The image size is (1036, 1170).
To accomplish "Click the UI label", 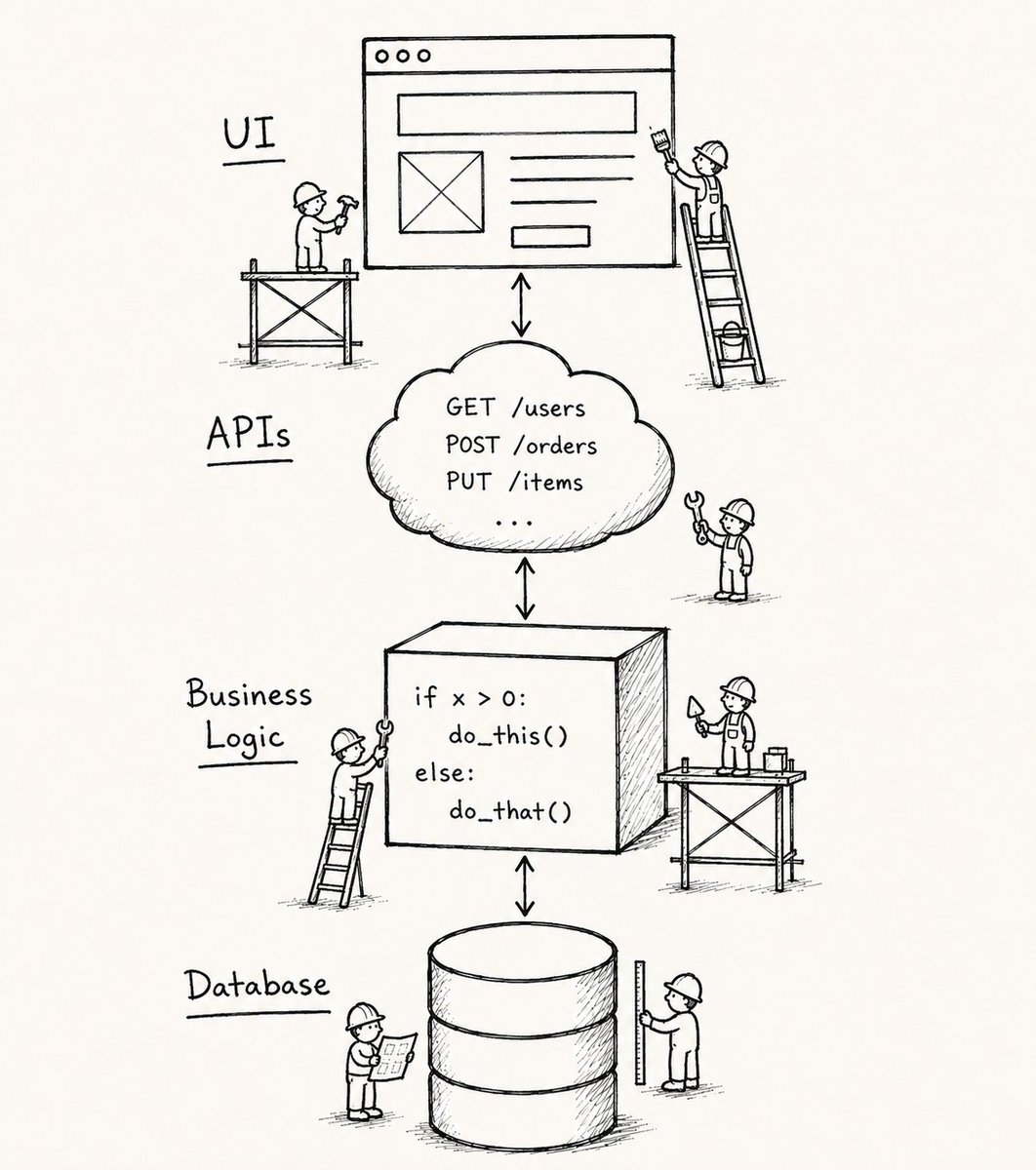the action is click(x=249, y=134).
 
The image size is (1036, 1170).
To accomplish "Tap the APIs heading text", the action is click(x=249, y=433).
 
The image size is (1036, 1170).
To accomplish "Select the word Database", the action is click(x=258, y=984).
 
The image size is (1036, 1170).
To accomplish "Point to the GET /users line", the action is click(x=515, y=409).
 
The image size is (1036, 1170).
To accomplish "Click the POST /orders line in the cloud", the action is click(x=521, y=446).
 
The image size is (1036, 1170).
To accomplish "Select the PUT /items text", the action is click(x=514, y=481).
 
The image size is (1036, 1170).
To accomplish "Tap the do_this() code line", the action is click(x=508, y=736).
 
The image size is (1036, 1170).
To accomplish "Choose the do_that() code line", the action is click(x=510, y=811).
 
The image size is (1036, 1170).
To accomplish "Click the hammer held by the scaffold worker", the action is click(x=346, y=212).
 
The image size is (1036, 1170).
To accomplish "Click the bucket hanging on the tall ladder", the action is click(x=730, y=341).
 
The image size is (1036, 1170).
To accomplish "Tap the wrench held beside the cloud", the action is click(x=697, y=517).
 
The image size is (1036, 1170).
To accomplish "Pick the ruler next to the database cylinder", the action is click(x=640, y=1023).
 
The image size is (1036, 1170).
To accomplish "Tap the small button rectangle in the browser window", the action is click(x=550, y=237).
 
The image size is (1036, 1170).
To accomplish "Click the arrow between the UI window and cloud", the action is click(x=521, y=305).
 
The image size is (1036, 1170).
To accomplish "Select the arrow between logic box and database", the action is click(x=524, y=886).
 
